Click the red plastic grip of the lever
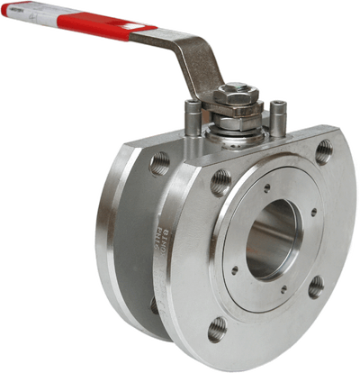[x=90, y=27]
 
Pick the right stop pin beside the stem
[x=280, y=113]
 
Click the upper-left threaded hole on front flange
[x=220, y=186]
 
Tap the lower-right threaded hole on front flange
[x=316, y=287]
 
